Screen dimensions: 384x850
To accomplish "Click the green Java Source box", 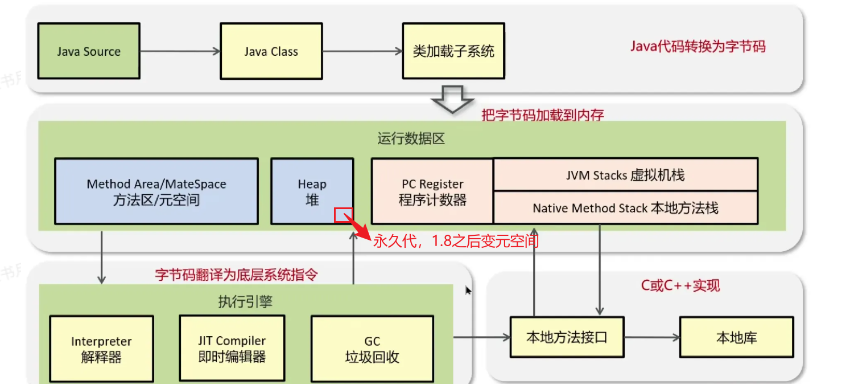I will click(x=88, y=51).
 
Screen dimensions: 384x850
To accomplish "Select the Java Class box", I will click(x=271, y=51).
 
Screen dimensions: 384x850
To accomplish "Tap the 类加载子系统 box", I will click(x=453, y=51).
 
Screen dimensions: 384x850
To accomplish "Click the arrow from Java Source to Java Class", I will click(x=180, y=51).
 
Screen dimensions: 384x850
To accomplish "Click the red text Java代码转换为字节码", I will click(x=698, y=46).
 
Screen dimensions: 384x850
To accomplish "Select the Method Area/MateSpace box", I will click(x=156, y=191).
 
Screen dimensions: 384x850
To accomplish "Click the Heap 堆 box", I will click(x=312, y=191).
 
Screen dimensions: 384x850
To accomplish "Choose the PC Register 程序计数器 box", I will click(x=432, y=191).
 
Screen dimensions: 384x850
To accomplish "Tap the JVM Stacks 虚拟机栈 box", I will click(x=625, y=175).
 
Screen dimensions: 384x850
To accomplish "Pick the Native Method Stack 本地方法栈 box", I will click(x=625, y=208).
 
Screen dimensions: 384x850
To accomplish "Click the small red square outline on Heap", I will click(x=344, y=215).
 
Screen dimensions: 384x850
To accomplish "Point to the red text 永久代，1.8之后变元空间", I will click(x=455, y=241).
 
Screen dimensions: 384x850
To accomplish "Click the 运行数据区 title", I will click(x=411, y=139).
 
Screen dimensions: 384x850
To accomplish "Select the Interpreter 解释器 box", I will click(x=101, y=349).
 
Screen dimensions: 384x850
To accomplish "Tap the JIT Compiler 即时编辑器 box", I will click(x=232, y=348).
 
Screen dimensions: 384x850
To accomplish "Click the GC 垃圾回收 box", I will click(x=372, y=349).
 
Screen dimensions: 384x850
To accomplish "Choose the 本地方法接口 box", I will click(x=567, y=337).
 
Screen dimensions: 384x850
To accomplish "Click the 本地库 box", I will click(x=736, y=337).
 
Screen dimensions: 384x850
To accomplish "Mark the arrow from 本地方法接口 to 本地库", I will click(x=651, y=337).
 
